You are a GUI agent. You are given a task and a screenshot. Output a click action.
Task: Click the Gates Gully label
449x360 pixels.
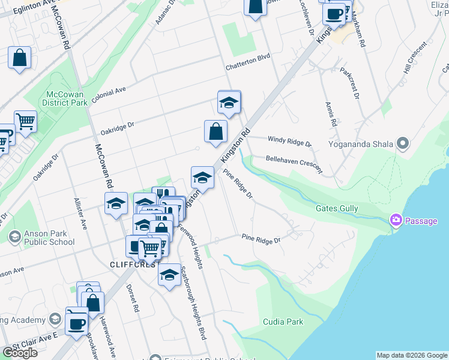[337, 209]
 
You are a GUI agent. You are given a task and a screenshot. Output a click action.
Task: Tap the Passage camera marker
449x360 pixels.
[396, 220]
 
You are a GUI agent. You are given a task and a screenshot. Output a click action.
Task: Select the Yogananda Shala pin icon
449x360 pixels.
[402, 144]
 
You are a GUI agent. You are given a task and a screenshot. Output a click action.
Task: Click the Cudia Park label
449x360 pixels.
[283, 322]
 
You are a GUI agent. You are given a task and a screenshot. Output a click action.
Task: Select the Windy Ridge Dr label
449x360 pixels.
[290, 141]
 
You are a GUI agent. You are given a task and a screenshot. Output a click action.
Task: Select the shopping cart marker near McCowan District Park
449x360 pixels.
[25, 122]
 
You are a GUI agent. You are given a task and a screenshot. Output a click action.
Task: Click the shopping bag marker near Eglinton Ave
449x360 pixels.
[20, 59]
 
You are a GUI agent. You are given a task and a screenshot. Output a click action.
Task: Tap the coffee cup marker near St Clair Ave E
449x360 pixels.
[77, 323]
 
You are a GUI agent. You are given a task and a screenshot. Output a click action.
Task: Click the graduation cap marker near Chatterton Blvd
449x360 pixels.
[229, 103]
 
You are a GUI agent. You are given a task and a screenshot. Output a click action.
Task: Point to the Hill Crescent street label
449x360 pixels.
[415, 59]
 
